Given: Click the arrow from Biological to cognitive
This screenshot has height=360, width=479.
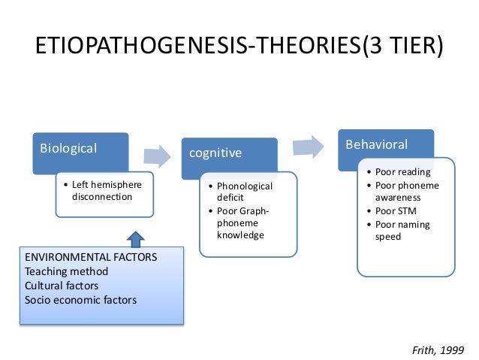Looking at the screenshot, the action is coord(156,156).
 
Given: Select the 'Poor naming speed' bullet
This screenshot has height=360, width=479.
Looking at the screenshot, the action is coord(402,230).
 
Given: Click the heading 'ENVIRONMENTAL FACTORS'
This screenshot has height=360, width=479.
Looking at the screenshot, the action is coord(91,257).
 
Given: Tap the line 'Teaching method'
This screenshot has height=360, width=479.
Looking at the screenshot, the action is coord(66,271).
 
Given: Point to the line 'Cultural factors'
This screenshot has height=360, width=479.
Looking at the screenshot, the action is coord(62,286).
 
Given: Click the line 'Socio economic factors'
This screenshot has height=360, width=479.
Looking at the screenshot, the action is coord(80,300).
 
